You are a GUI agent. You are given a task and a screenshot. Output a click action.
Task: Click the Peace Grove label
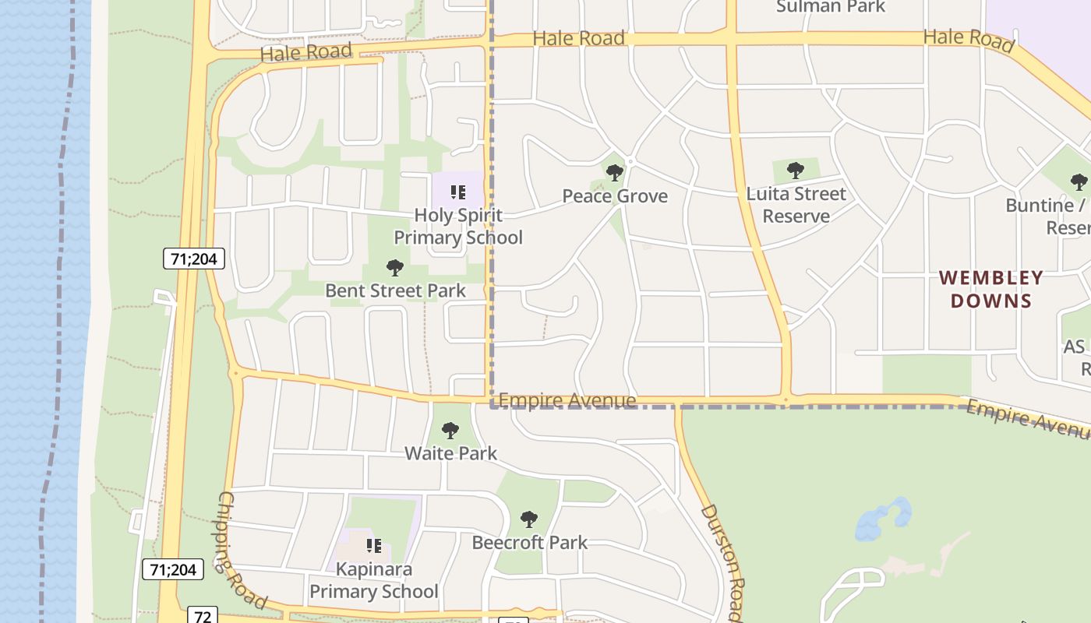point(615,196)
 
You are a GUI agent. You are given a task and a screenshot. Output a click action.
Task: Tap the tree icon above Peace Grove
point(615,172)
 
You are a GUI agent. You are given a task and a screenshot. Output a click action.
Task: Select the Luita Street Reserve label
point(796,205)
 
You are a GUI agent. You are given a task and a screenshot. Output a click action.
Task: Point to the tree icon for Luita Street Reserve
point(796,170)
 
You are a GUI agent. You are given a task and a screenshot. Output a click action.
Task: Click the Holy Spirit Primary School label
point(458,227)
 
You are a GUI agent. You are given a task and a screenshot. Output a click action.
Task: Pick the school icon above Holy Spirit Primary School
point(458,192)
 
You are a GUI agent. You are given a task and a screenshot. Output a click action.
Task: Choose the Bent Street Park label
point(395,290)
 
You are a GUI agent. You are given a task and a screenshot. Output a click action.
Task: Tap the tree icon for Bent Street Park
point(395,268)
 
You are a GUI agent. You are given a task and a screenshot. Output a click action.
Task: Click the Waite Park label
point(450,453)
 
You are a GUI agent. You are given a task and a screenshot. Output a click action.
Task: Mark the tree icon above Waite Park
point(450,430)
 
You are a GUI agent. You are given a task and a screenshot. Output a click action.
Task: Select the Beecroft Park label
point(530,543)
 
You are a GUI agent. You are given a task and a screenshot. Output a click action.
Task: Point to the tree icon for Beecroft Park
point(530,519)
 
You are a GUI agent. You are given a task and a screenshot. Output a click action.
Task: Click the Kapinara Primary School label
point(374,580)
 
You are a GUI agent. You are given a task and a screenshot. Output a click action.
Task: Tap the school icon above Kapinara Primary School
point(374,545)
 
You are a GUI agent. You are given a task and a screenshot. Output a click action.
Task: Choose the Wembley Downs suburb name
point(991,289)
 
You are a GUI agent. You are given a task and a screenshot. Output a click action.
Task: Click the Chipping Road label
point(241,550)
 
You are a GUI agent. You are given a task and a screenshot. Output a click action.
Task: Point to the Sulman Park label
point(831,7)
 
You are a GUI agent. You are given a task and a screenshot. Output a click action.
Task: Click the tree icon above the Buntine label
point(1079,182)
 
